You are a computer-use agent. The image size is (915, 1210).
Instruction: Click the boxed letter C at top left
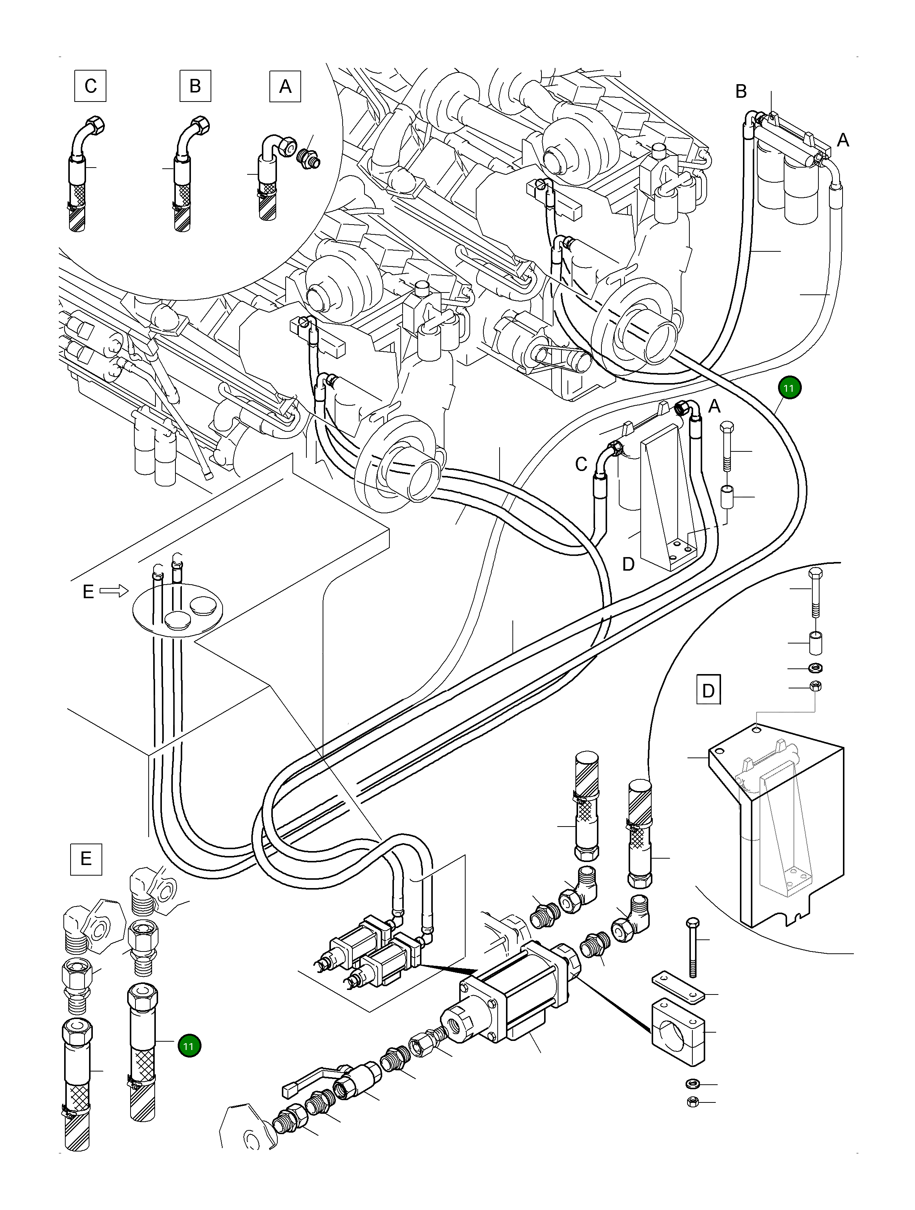pos(91,86)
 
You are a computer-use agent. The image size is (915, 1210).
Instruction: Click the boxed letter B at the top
pos(195,86)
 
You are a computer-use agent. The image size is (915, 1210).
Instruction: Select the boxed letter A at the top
pos(285,86)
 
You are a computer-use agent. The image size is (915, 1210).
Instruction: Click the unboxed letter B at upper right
pos(741,91)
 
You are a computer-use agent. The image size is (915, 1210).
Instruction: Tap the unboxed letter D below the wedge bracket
pos(628,564)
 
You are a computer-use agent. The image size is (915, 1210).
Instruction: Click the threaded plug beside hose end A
pos(308,159)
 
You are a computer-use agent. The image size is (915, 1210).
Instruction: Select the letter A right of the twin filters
pos(843,140)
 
